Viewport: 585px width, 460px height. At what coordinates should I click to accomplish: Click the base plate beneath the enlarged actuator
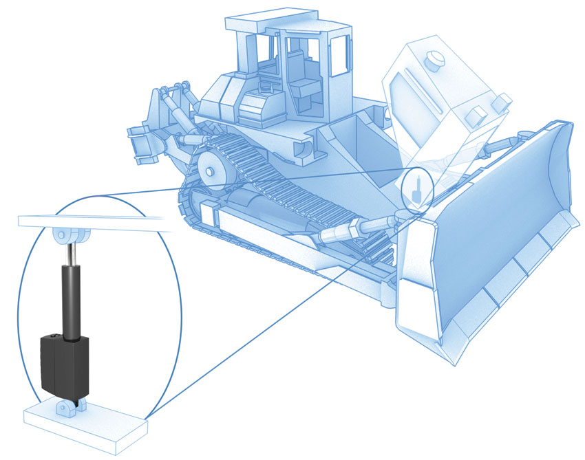[x=83, y=426]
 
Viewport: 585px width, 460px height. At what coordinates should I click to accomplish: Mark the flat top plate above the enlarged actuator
[x=89, y=221]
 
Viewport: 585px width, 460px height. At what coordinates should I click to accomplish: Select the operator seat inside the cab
[x=303, y=79]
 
